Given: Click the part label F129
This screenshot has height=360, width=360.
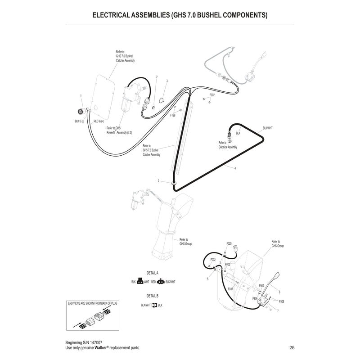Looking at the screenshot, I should (172, 116).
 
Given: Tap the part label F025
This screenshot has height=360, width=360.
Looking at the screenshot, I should (229, 243).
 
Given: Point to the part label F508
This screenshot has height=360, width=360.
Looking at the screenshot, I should (282, 301).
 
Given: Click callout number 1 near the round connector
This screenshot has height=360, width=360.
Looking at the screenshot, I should (81, 96).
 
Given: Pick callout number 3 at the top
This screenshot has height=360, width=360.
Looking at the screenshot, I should (166, 81).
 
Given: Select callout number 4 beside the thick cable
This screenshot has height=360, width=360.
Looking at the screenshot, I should (235, 168).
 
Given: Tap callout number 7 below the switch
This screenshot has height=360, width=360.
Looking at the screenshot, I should (277, 311).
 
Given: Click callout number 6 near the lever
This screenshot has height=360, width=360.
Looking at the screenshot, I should (279, 292).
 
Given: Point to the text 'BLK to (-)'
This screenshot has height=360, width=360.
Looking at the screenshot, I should (79, 121).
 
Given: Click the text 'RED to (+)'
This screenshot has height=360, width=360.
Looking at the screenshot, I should (99, 121).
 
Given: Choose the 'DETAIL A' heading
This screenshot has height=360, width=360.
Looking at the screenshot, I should (153, 273).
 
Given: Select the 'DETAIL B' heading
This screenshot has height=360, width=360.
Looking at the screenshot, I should (153, 296).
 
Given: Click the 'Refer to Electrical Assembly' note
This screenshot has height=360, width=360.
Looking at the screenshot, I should (227, 145).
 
